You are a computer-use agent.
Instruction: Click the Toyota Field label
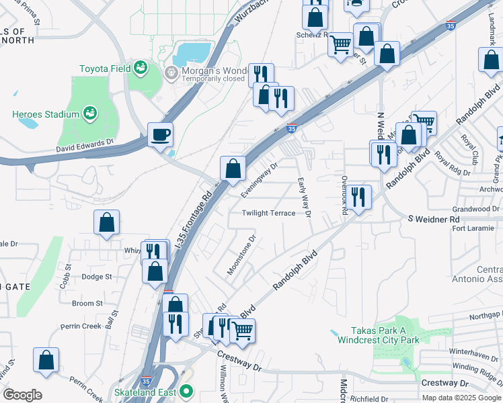pos(106,69)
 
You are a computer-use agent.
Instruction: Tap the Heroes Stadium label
pos(46,114)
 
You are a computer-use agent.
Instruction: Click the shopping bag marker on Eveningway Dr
pos(233,169)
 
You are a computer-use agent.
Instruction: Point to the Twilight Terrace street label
pos(269,213)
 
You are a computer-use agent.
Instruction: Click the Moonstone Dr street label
pos(242,254)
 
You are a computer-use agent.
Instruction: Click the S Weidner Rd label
pos(434,219)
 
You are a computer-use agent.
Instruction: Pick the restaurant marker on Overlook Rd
pos(359,197)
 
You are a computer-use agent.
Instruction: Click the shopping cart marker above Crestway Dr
pos(242,330)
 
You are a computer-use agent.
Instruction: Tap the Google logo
pos(22,394)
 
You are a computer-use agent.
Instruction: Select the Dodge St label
pos(96,276)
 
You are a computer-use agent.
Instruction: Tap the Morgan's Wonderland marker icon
pos(171,72)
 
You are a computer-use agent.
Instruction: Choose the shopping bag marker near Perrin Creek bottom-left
pos(46,360)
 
